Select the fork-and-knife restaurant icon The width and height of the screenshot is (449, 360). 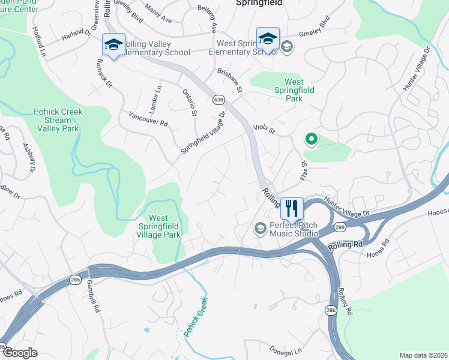(292, 208)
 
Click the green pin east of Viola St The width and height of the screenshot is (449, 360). (311, 140)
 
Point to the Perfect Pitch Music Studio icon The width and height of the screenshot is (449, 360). (261, 227)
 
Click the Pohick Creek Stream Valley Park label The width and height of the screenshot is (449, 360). (58, 120)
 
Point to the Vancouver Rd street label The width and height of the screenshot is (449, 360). (148, 118)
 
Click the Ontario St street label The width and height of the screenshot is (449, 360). (190, 102)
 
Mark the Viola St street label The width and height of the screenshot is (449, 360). (264, 129)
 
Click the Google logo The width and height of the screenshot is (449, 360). (19, 353)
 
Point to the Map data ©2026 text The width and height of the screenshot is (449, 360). (423, 355)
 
